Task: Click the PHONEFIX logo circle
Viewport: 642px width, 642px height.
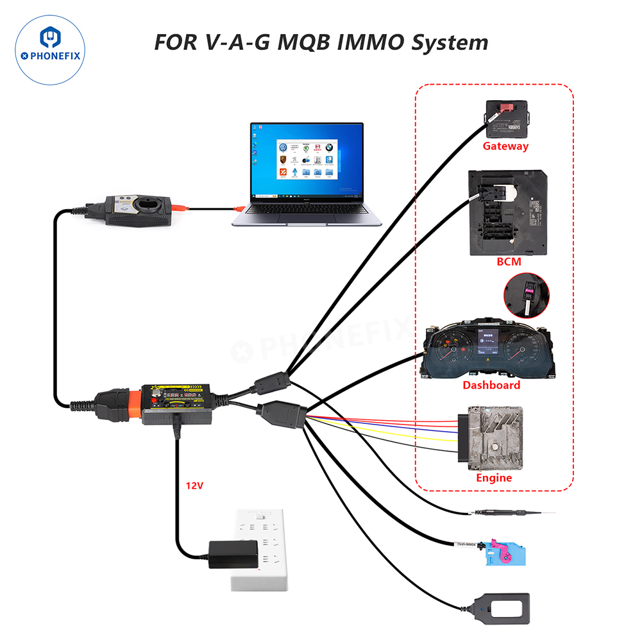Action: pyautogui.click(x=49, y=51)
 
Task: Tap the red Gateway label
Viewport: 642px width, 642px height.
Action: pyautogui.click(x=505, y=146)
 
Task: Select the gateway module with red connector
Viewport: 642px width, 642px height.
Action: pyautogui.click(x=507, y=117)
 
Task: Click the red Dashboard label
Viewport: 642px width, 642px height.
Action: pyautogui.click(x=491, y=385)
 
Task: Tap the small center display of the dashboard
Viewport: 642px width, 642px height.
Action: pyautogui.click(x=487, y=344)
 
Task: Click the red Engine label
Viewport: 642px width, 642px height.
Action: pyautogui.click(x=494, y=478)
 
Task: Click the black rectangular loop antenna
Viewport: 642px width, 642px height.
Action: pyautogui.click(x=502, y=609)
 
